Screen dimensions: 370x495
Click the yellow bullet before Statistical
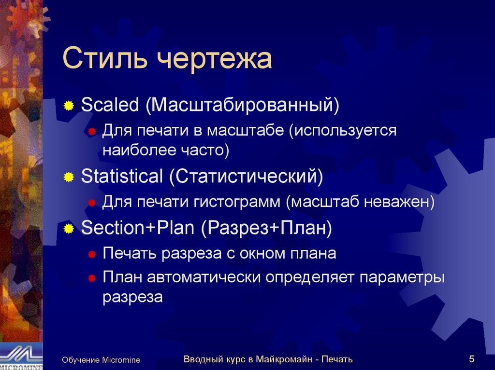69,178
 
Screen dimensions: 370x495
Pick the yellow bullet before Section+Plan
69,228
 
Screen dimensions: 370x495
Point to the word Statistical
122,177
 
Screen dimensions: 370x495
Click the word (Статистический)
246,177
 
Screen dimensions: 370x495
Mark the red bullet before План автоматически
91,279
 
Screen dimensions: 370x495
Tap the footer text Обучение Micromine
101,360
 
